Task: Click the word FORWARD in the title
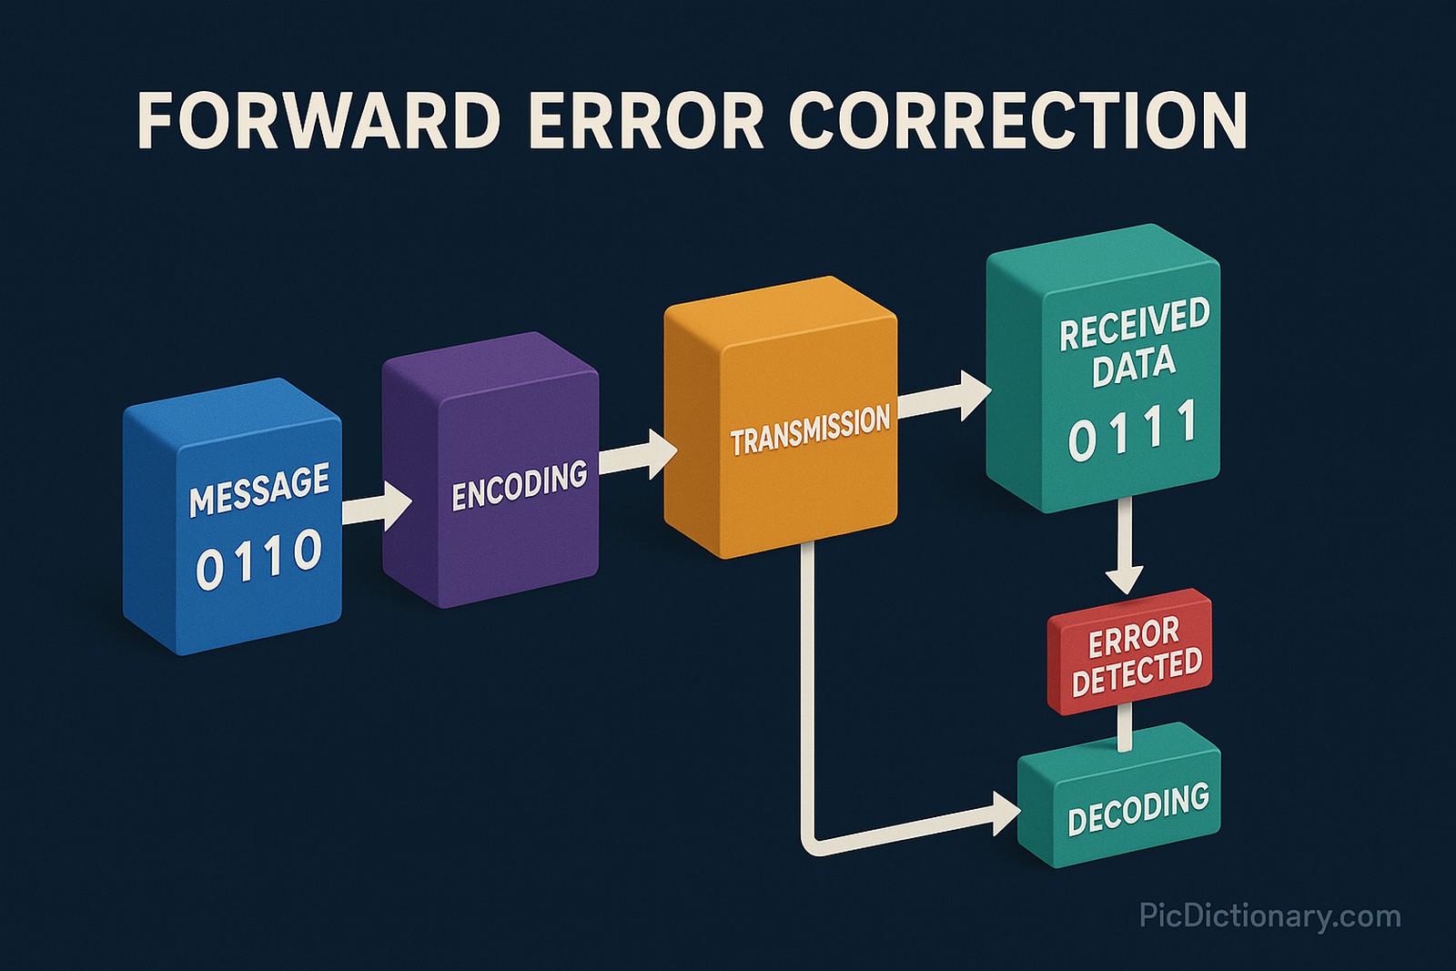318,120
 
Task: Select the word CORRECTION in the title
1017,120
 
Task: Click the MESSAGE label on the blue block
259,489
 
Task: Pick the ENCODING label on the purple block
520,485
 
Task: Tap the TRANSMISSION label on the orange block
810,429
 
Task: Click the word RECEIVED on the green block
1135,323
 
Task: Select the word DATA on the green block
1134,367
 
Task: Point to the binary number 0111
1133,430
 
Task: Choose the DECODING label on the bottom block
1137,808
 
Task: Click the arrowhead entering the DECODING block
1005,813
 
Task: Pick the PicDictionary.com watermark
1269,915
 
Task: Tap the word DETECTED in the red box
1137,672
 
